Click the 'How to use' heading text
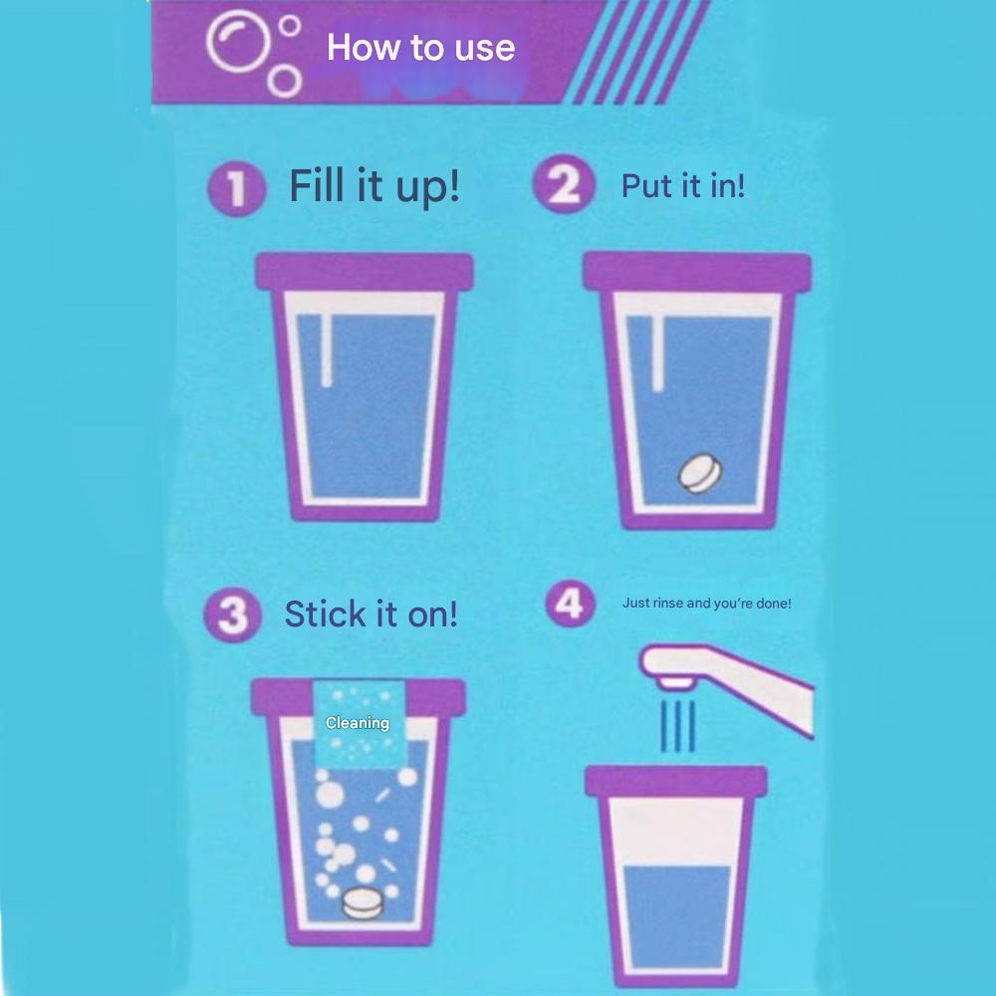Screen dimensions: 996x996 point(420,47)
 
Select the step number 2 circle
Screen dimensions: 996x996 point(563,186)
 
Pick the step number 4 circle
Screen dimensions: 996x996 point(569,605)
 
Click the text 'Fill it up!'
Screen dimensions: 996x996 point(374,185)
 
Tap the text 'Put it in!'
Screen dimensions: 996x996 point(682,185)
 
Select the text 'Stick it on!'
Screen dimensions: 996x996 point(371,614)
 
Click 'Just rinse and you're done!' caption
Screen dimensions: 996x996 point(706,603)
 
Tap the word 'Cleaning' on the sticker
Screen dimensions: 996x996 point(358,723)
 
